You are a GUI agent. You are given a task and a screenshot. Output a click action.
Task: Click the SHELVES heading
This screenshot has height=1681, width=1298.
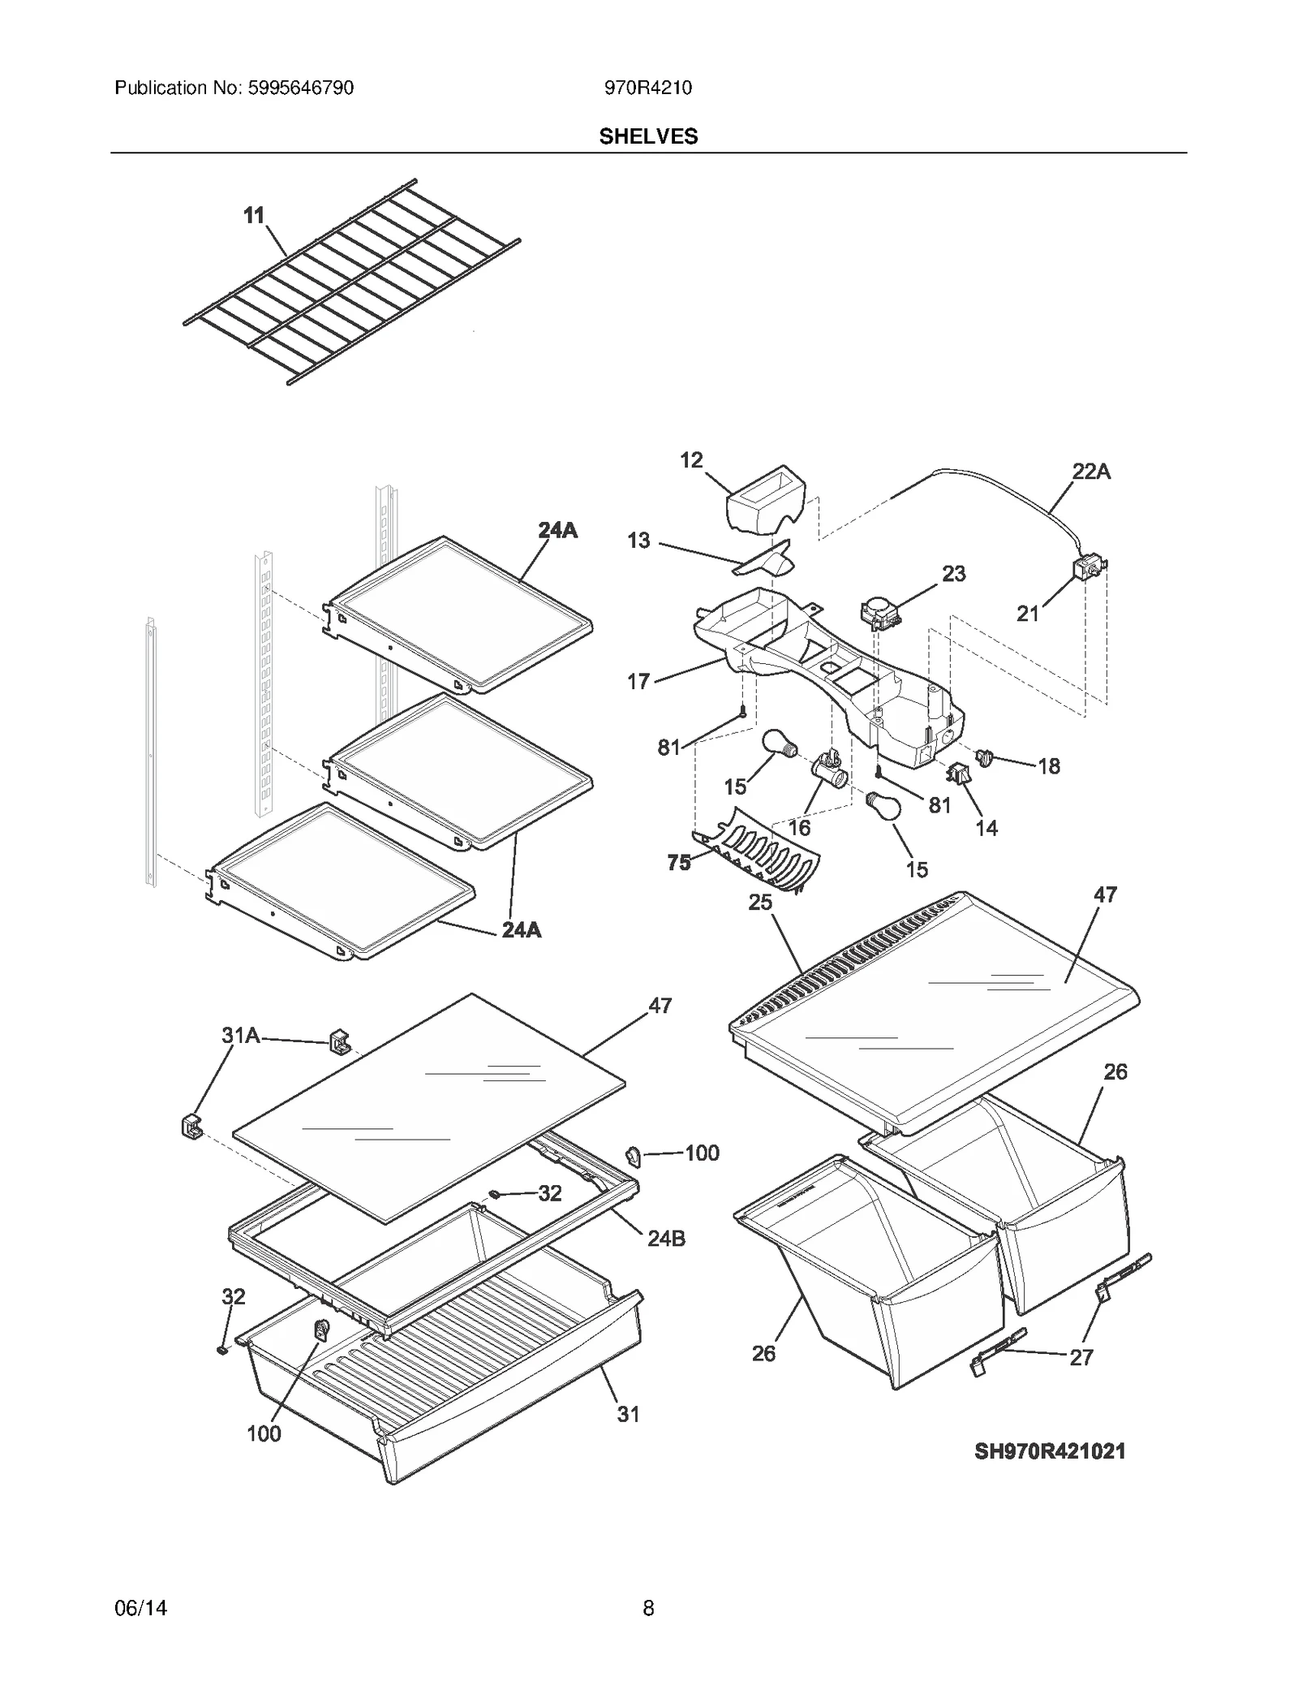(648, 136)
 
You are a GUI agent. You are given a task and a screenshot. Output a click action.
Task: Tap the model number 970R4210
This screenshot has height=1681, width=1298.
(647, 88)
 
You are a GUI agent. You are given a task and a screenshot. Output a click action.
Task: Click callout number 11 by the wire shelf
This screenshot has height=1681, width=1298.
(254, 215)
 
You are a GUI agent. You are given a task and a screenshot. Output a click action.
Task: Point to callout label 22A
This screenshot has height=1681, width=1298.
(1091, 471)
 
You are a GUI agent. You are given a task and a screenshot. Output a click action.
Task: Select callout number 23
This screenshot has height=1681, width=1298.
(953, 574)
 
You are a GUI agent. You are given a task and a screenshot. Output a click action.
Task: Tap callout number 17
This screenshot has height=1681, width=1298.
(638, 681)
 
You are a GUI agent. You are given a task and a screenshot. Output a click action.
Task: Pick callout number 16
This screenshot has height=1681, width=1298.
(799, 827)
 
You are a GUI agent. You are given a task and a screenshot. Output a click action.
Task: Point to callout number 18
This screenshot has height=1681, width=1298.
(1048, 765)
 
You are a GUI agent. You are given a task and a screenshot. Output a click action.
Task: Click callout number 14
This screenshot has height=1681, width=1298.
(986, 828)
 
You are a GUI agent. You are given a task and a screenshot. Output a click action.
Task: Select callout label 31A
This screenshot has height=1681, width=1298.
(240, 1035)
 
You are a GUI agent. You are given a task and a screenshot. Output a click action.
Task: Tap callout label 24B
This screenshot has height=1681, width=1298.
(666, 1238)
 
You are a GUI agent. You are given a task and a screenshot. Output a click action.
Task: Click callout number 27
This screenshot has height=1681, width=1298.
(1081, 1357)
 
